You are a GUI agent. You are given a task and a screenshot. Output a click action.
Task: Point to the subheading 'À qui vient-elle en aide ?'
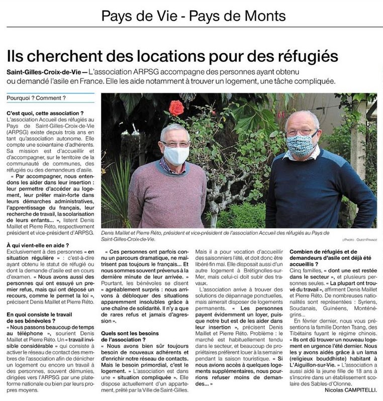(38, 245)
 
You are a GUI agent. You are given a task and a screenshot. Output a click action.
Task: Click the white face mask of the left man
(176, 155)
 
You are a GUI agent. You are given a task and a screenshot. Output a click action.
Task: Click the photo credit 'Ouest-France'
(365, 232)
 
